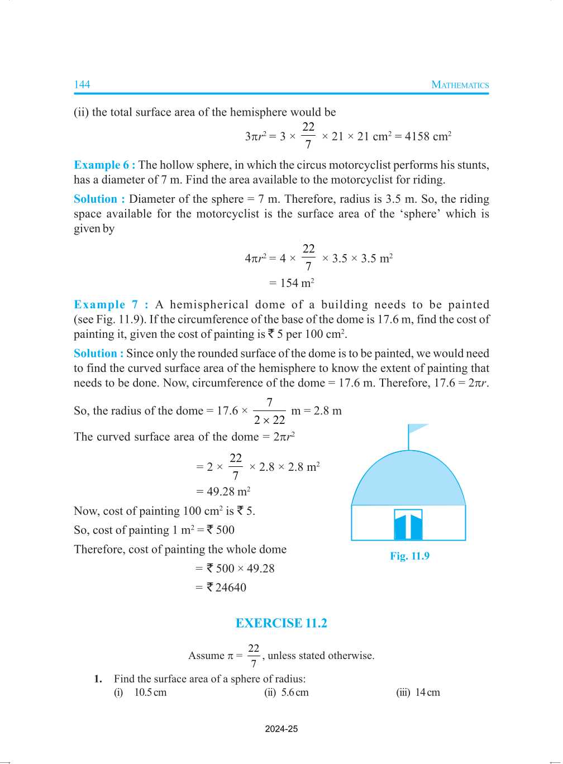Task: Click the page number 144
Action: pyautogui.click(x=82, y=85)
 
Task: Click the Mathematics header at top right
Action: pyautogui.click(x=460, y=85)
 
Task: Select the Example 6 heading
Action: pyautogui.click(x=104, y=165)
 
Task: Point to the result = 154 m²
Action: pyautogui.click(x=292, y=283)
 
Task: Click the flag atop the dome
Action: pyautogui.click(x=417, y=429)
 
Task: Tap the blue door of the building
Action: pyautogui.click(x=408, y=525)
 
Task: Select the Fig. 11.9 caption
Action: pyautogui.click(x=409, y=556)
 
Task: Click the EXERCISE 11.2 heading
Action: pyautogui.click(x=281, y=623)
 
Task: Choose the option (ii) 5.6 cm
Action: pyautogui.click(x=287, y=693)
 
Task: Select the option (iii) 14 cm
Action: pyautogui.click(x=418, y=693)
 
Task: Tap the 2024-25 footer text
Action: pyautogui.click(x=281, y=729)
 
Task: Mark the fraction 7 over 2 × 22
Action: pyautogui.click(x=269, y=412)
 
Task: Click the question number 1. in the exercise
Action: pyautogui.click(x=98, y=679)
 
